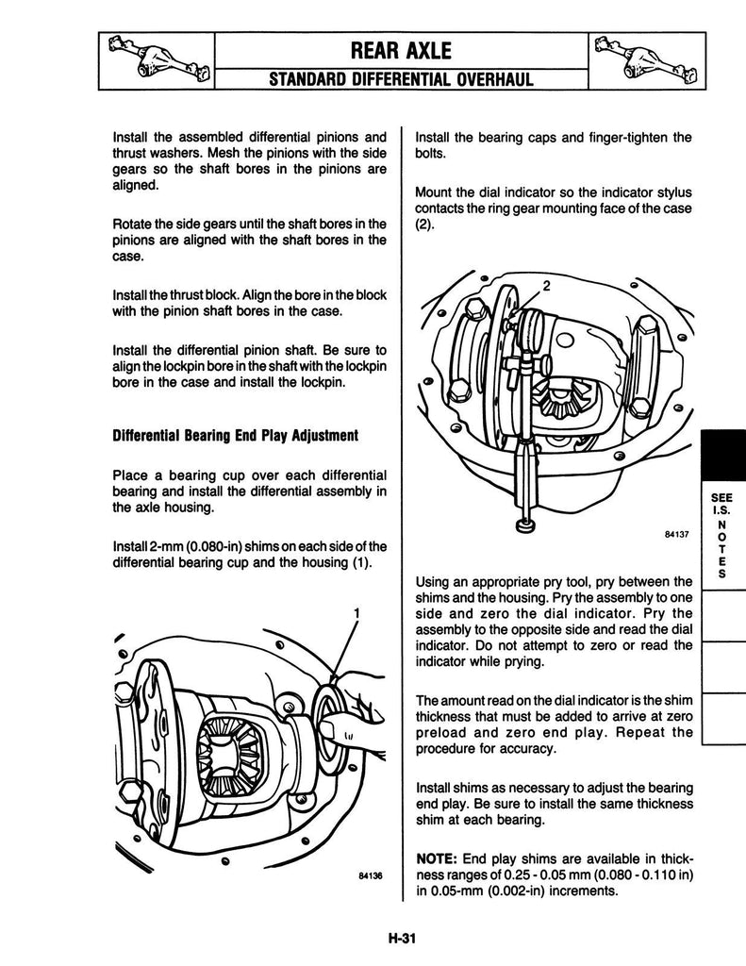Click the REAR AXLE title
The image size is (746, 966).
click(x=401, y=51)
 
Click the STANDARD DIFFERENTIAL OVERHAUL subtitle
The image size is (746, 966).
click(x=401, y=79)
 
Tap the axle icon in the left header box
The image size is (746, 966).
click(x=157, y=60)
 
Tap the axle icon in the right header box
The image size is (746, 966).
click(x=647, y=60)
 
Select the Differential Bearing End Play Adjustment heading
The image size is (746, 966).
click(x=235, y=436)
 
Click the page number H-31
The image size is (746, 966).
click(x=403, y=939)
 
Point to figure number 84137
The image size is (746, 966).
click(x=676, y=535)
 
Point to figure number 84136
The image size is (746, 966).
click(x=371, y=875)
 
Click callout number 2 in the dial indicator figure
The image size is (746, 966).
click(x=546, y=286)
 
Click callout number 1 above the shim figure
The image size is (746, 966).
click(x=356, y=613)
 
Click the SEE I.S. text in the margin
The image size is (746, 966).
click(x=721, y=504)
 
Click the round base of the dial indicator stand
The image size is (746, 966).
click(x=525, y=525)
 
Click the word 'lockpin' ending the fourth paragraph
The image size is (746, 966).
click(x=366, y=367)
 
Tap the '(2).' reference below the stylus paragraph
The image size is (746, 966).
click(x=425, y=225)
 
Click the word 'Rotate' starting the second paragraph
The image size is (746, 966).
click(x=130, y=225)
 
